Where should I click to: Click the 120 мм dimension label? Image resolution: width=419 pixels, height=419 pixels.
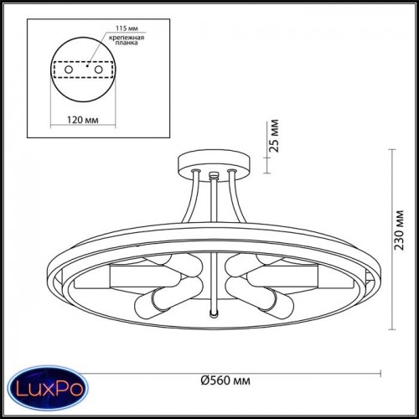point(82,120)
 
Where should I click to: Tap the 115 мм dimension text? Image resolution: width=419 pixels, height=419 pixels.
point(127,28)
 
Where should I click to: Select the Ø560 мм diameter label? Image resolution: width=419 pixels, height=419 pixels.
point(225,380)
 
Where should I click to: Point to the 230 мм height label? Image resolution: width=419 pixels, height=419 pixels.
point(399,230)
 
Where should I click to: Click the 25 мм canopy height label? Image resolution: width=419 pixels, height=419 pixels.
point(274,136)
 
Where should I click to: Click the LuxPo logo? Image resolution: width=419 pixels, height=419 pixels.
point(49,388)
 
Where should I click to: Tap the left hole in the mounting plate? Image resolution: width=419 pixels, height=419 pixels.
point(69,70)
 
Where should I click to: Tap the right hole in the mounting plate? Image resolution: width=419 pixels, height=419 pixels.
point(98,70)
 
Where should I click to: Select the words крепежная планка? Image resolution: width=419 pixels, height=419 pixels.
point(127,40)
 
